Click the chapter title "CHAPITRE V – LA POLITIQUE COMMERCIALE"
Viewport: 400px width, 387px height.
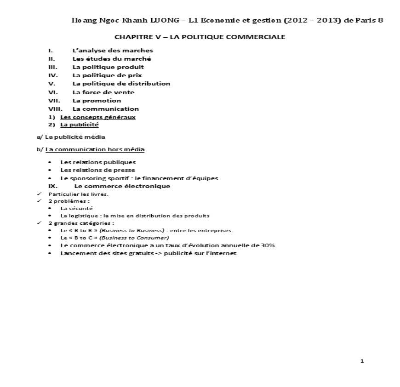coord(200,37)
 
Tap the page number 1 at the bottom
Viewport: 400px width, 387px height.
coord(362,361)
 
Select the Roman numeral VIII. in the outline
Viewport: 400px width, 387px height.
coord(56,109)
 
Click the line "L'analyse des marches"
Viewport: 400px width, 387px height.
coord(113,51)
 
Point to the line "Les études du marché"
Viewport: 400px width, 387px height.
coord(112,59)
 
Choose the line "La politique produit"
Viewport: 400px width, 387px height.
coord(108,67)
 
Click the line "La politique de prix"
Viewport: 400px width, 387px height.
coord(107,75)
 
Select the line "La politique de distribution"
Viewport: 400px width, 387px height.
coord(121,84)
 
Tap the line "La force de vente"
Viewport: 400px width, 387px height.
coord(103,92)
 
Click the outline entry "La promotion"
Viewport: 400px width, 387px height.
coord(97,101)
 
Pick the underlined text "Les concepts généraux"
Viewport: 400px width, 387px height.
coord(98,117)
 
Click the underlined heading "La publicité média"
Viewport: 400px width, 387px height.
coord(75,137)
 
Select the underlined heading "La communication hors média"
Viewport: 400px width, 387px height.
coord(95,149)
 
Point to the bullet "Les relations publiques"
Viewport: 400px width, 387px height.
coord(98,162)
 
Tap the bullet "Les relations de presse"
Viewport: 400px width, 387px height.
coord(97,170)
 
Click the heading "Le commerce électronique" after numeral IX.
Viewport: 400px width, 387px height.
coord(122,186)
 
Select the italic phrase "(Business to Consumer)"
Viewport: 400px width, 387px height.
coord(134,238)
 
